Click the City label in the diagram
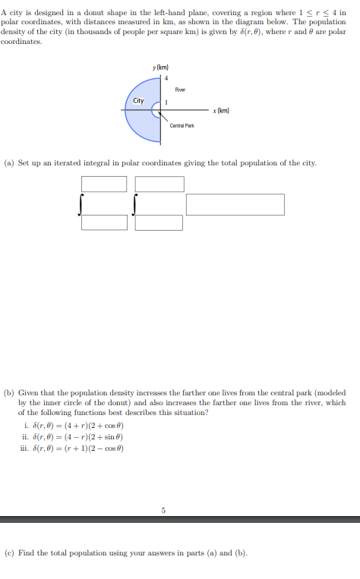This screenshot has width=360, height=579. (x=138, y=101)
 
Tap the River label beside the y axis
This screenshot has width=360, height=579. (x=181, y=90)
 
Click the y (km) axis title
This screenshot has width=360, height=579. (x=159, y=68)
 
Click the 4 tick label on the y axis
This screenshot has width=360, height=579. (x=166, y=78)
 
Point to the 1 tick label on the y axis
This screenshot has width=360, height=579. (x=166, y=102)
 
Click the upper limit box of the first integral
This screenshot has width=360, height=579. (x=104, y=184)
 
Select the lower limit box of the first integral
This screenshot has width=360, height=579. (x=104, y=222)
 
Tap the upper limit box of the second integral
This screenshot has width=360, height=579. (x=159, y=184)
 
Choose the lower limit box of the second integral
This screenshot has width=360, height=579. (x=159, y=222)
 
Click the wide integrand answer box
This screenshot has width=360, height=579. (x=235, y=204)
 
